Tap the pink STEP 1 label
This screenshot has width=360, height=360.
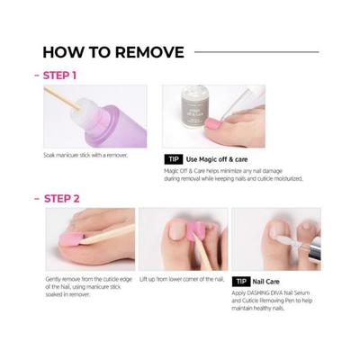pos(57,76)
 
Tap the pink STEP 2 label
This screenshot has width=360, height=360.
pos(58,197)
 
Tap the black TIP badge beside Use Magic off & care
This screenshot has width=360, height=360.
pos(174,159)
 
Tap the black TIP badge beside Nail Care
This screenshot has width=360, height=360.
pos(242,282)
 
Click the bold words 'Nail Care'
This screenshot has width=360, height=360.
pos(273,282)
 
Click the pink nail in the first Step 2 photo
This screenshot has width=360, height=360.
pos(65,240)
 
